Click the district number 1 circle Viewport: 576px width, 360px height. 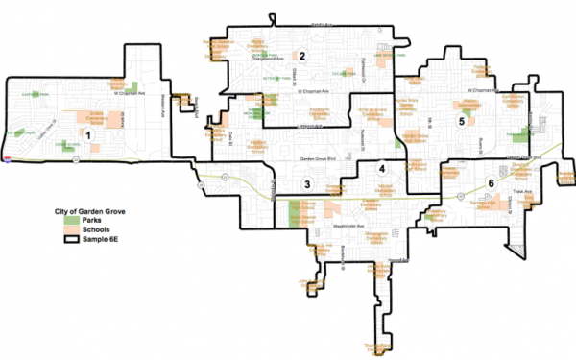88,136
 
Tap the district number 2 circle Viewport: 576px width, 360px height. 301,55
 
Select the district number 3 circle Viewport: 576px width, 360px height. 307,183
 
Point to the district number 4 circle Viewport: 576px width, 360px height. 382,169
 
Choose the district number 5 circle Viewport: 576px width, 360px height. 462,122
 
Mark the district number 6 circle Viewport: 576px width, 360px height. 492,182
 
